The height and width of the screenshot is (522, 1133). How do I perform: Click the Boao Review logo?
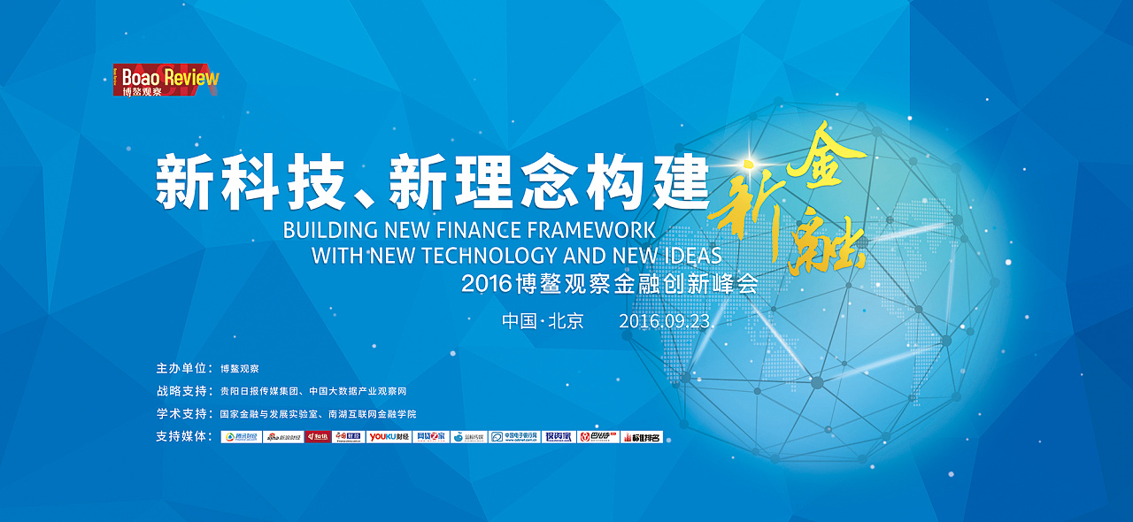coord(166,80)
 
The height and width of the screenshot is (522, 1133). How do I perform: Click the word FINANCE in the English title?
coord(478,230)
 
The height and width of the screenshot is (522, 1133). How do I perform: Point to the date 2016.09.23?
coord(664,321)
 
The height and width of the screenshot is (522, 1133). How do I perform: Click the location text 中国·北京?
coord(543,321)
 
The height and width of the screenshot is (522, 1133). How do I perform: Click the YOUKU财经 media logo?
coord(389,436)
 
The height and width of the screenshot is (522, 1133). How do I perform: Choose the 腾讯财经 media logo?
coord(241,436)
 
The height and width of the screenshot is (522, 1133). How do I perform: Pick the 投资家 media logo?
coord(559,436)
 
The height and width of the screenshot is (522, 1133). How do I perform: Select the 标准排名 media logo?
coord(642,436)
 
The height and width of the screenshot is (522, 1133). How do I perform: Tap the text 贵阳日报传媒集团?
coord(260,391)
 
